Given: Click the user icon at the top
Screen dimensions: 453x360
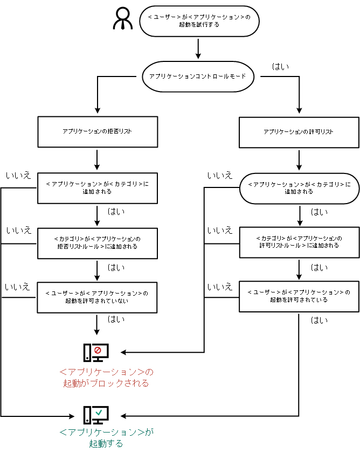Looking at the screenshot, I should tap(123, 19).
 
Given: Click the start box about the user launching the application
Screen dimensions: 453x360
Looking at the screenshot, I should tap(199, 21).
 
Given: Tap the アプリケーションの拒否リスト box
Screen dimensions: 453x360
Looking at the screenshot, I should tap(98, 131).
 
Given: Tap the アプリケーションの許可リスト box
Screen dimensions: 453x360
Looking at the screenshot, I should tap(299, 131).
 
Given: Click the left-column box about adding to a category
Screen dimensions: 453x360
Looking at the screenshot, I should tap(98, 187).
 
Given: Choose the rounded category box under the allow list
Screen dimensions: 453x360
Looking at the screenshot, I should tap(299, 187).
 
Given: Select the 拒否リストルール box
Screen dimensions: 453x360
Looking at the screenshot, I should tap(98, 243).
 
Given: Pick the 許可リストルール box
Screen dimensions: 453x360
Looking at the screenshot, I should tap(299, 242).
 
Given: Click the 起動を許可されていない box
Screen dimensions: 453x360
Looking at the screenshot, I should tap(98, 297).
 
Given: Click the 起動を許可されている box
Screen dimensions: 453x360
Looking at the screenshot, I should tap(299, 296).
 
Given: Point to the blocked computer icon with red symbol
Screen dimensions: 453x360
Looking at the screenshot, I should tap(96, 352).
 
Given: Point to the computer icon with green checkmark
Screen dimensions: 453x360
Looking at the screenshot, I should tap(96, 415).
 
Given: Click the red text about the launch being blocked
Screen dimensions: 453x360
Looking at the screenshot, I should tap(106, 378).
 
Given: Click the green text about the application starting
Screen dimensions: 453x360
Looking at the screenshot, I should tap(106, 438).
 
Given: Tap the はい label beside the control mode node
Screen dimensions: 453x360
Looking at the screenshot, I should tap(280, 67).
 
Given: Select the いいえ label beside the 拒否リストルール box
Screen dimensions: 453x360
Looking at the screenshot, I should tap(18, 231).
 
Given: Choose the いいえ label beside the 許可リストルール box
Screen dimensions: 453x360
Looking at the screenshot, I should tap(219, 231).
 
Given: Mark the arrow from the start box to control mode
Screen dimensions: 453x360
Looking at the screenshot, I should tap(198, 48).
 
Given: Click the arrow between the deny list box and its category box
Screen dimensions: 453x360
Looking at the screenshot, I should tap(98, 159).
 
